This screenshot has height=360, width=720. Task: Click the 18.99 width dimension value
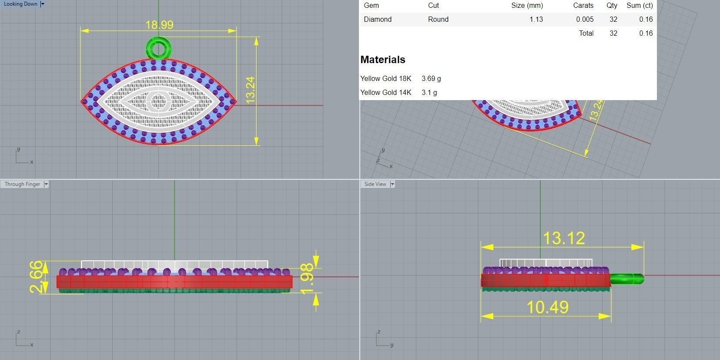click(x=159, y=25)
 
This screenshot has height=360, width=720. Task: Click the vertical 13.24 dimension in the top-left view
click(x=250, y=90)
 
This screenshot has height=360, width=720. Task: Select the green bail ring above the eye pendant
click(x=158, y=48)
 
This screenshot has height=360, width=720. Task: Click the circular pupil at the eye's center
click(x=158, y=101)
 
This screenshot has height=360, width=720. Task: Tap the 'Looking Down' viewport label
click(x=20, y=4)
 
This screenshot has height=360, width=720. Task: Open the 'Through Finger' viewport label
click(x=22, y=184)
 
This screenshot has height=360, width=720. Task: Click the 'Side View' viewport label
click(x=375, y=184)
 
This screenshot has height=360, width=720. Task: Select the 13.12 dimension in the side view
click(x=564, y=238)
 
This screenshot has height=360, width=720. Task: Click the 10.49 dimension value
click(x=547, y=307)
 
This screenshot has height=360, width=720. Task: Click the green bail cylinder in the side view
click(x=626, y=279)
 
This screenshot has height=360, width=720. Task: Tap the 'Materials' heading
click(x=382, y=60)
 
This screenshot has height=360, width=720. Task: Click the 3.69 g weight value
click(x=431, y=78)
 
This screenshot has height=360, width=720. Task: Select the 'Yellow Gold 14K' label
click(x=385, y=92)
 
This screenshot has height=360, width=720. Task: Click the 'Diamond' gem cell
click(x=378, y=19)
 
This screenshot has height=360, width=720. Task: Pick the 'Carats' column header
click(x=583, y=6)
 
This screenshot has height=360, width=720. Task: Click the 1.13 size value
click(x=536, y=19)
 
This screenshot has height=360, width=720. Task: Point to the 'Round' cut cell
click(x=438, y=19)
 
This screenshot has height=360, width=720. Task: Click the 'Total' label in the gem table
click(x=586, y=33)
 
